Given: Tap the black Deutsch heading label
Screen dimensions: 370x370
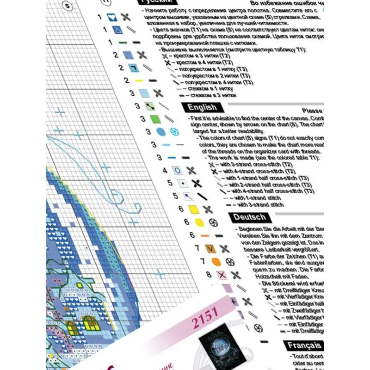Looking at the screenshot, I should (x=249, y=217).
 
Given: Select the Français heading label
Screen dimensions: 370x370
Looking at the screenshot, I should (x=303, y=345).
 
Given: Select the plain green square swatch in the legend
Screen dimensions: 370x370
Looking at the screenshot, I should (x=155, y=119).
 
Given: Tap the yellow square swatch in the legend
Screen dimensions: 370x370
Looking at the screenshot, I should (x=195, y=210).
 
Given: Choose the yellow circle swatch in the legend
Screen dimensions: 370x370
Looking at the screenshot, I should (x=199, y=222).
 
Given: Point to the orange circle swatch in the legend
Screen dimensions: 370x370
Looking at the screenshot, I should (x=216, y=262).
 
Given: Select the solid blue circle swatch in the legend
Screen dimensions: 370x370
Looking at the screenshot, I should (x=160, y=132).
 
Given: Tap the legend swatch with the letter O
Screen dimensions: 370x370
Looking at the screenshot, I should (x=177, y=170).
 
